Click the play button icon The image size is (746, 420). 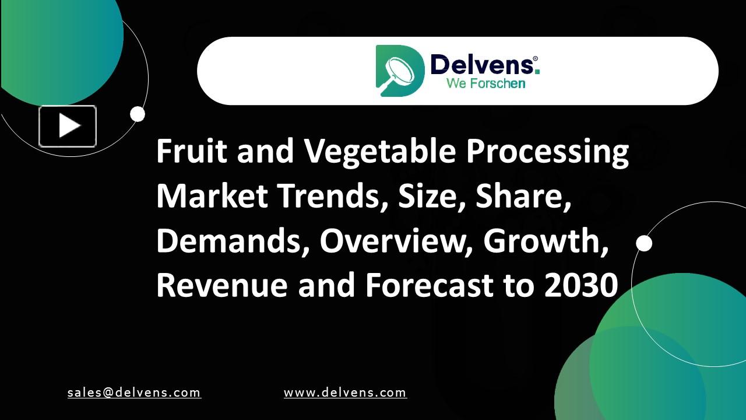point(68,126)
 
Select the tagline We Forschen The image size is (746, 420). point(485,83)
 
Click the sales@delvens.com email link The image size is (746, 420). point(134,393)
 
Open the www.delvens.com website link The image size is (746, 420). point(345,393)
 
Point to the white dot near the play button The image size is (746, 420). point(138,114)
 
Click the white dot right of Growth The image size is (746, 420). point(644,243)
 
